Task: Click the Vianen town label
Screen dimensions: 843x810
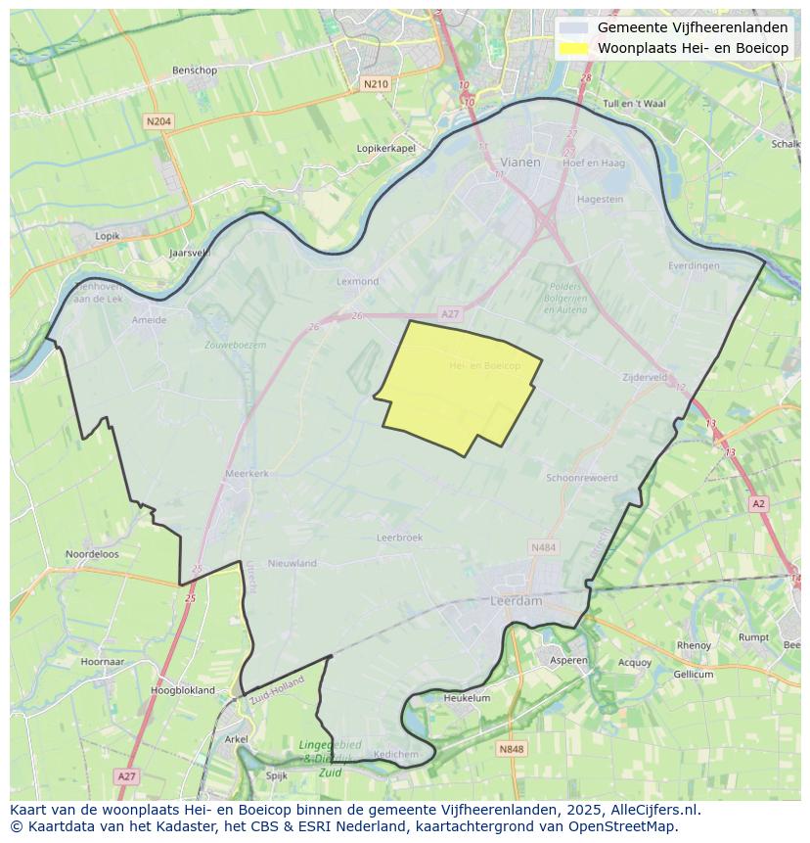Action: click(519, 163)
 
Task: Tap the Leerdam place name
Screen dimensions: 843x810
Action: click(516, 601)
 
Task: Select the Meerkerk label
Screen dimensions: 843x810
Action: click(247, 473)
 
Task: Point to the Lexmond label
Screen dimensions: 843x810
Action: click(357, 281)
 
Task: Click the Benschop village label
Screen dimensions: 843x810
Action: click(194, 70)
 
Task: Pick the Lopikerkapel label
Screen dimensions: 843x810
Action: click(386, 148)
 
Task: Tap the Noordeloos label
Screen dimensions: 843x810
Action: click(92, 554)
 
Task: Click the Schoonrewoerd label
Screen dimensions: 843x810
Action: click(582, 478)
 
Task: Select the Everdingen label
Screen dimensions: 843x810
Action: click(694, 265)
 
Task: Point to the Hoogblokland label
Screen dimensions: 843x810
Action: click(183, 690)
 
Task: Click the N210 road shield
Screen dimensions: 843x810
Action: click(376, 84)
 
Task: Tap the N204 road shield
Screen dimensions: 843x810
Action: click(157, 121)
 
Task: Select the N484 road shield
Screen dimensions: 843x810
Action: click(543, 547)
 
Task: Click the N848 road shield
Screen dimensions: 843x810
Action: click(511, 749)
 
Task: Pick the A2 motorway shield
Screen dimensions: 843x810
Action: click(758, 503)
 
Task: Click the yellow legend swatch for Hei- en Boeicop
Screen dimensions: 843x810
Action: click(574, 48)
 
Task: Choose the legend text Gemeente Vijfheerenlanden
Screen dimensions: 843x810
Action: click(693, 27)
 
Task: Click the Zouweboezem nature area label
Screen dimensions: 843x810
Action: click(235, 345)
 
